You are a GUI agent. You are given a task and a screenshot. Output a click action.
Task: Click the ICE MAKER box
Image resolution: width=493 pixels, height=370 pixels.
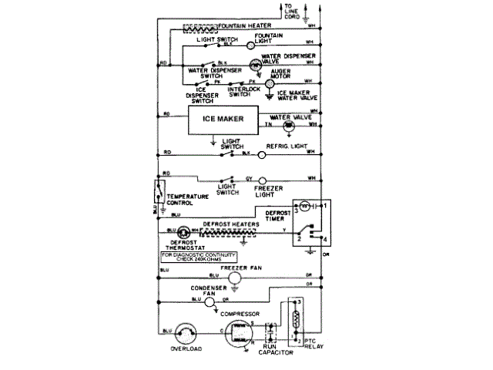pos(223,119)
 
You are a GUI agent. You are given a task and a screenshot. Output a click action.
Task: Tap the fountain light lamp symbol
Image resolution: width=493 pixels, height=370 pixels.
pos(251,46)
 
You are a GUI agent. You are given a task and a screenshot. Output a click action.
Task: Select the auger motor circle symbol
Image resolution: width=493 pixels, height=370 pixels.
pos(269,82)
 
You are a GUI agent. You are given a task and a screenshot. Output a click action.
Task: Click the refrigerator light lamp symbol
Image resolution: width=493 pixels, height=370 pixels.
pos(262,154)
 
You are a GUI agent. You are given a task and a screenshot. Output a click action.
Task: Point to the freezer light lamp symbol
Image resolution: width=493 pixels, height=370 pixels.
pos(262,179)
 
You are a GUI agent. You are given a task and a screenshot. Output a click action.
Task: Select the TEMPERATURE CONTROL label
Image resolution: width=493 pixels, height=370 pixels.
pos(187,200)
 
